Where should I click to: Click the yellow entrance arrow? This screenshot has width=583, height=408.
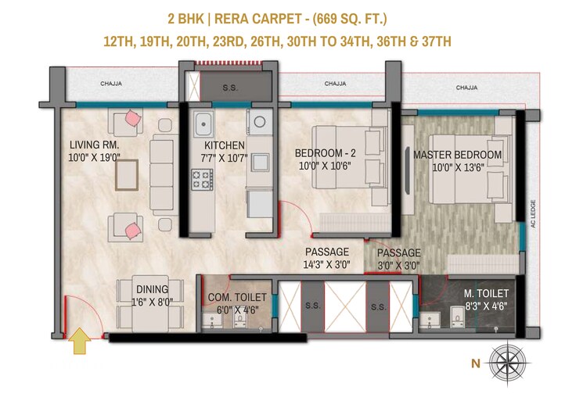(x=79, y=342)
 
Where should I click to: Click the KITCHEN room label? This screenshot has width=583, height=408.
(x=225, y=145)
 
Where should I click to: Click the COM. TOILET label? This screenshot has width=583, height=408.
(x=237, y=297)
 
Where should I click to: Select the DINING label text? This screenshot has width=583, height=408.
(x=152, y=289)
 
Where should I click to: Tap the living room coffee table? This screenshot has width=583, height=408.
(x=129, y=175)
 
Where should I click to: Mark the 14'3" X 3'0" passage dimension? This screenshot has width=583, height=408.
(x=327, y=265)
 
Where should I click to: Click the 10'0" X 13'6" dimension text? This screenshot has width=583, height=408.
(x=457, y=166)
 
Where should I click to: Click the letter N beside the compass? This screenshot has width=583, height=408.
(x=475, y=362)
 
